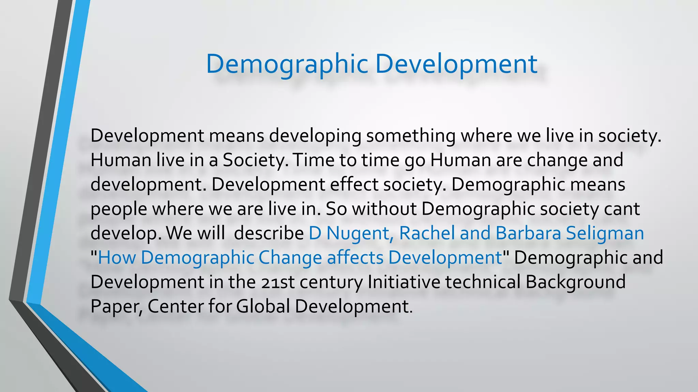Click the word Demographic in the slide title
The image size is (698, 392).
tap(287, 64)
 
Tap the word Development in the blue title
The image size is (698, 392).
tap(456, 64)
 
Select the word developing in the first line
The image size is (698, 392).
tap(315, 136)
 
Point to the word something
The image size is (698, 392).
tap(411, 136)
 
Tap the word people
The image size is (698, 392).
tap(119, 209)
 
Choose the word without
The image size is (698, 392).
tap(384, 209)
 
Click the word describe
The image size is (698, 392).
tap(269, 233)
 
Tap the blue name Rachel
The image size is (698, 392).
tap(427, 233)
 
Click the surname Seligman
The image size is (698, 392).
tap(605, 233)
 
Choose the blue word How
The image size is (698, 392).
tap(117, 258)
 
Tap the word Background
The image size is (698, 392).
tap(576, 282)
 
